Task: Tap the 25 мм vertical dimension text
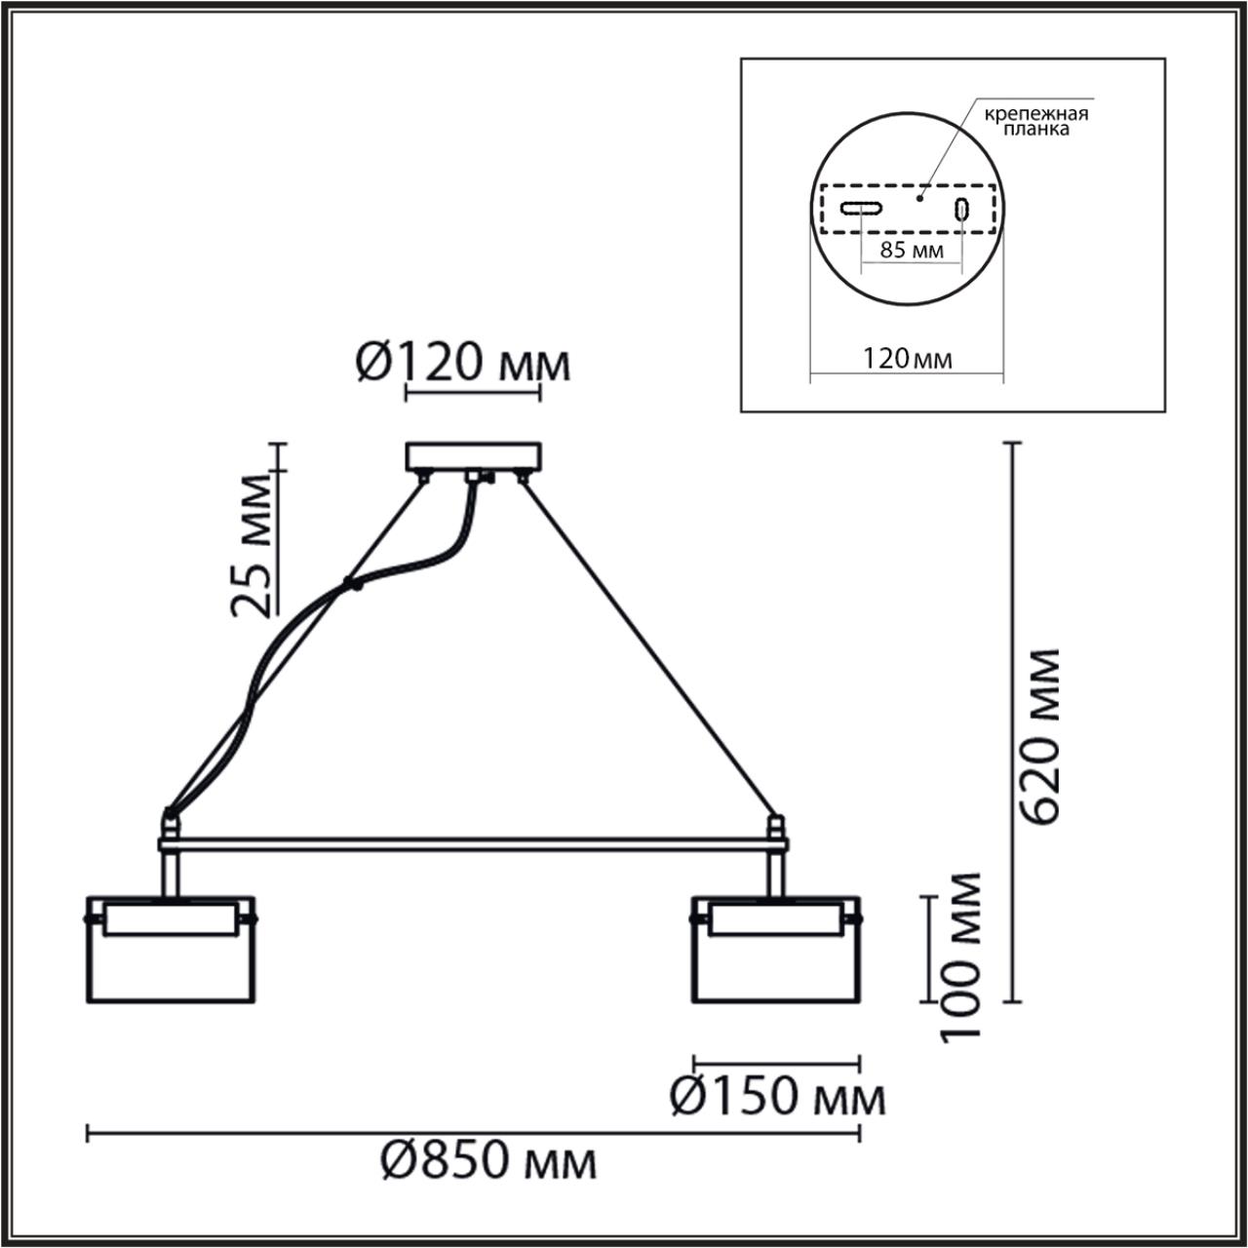click(251, 546)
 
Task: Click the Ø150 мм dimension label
click(777, 1098)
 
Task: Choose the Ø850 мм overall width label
click(487, 1161)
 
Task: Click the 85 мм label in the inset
click(911, 250)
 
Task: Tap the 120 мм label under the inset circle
click(907, 359)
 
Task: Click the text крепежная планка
click(1033, 121)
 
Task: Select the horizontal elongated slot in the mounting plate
click(863, 208)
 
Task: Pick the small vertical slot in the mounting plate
click(961, 209)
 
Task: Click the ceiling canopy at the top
click(473, 456)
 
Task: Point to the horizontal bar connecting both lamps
click(473, 840)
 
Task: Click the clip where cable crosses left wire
click(350, 586)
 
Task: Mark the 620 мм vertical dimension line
click(1015, 721)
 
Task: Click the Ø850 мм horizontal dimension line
click(473, 1132)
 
